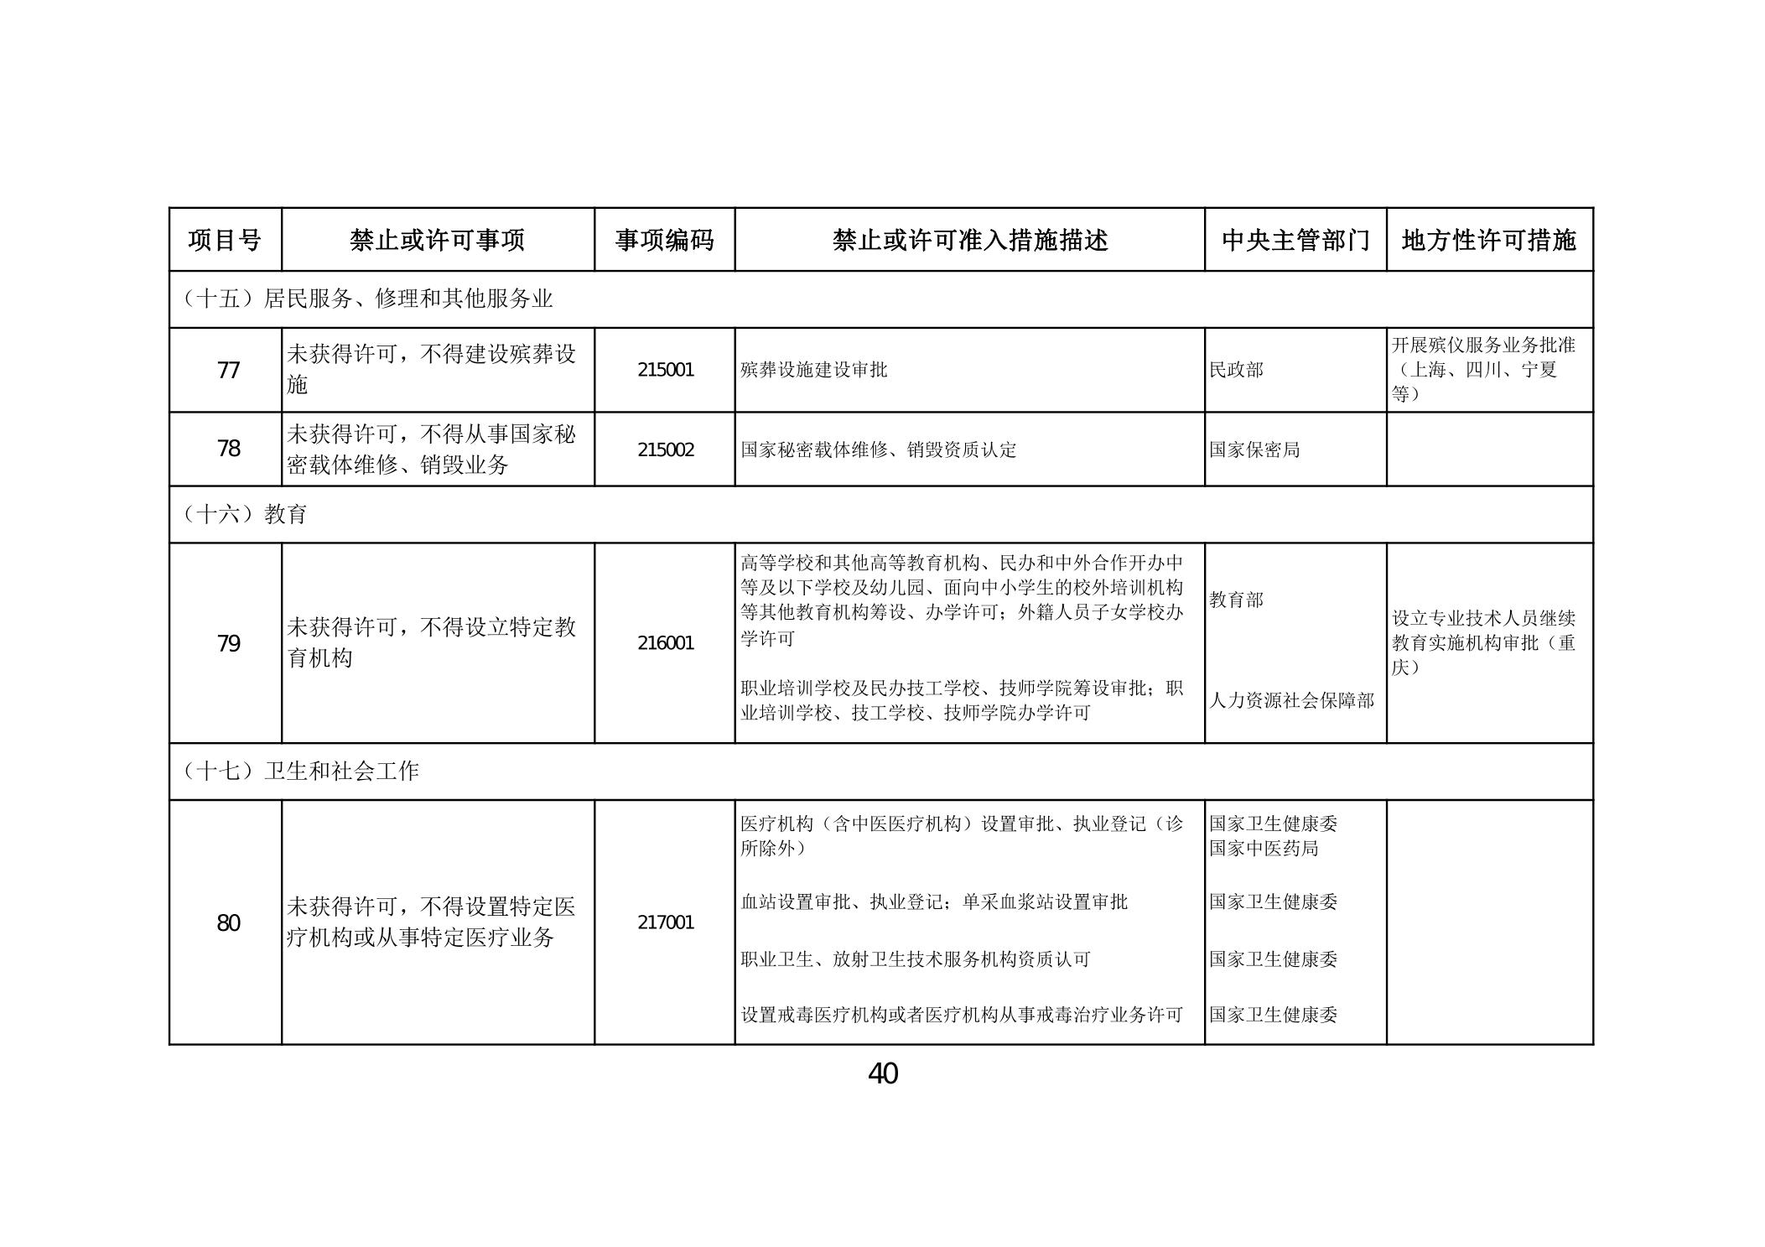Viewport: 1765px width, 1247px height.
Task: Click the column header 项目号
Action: tap(225, 241)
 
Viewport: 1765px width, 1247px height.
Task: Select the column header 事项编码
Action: tap(664, 241)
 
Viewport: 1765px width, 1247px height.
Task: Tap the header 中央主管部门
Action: tap(1295, 241)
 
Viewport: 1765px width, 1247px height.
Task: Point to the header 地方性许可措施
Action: tap(1489, 241)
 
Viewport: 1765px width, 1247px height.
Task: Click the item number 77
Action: tap(228, 370)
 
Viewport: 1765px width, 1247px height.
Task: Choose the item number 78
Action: tap(228, 449)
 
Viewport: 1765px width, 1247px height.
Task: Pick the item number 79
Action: tap(228, 643)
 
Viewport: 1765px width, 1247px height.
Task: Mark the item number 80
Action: tap(228, 922)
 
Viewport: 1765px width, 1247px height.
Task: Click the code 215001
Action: tap(665, 370)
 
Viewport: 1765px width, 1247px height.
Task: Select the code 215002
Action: tap(665, 449)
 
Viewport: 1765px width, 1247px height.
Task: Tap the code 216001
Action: tap(665, 643)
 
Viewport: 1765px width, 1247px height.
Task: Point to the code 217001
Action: tap(665, 922)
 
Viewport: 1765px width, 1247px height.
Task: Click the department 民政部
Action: tap(1236, 370)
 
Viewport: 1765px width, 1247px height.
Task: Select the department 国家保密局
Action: tap(1254, 449)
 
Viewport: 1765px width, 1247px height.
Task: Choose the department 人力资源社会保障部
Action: tap(1291, 700)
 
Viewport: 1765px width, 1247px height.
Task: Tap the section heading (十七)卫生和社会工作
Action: tap(299, 771)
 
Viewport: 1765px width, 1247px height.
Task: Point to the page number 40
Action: tap(882, 1073)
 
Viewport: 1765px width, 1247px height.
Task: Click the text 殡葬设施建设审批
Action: tap(813, 370)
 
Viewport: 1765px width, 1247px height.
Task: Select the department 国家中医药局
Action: tap(1264, 849)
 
